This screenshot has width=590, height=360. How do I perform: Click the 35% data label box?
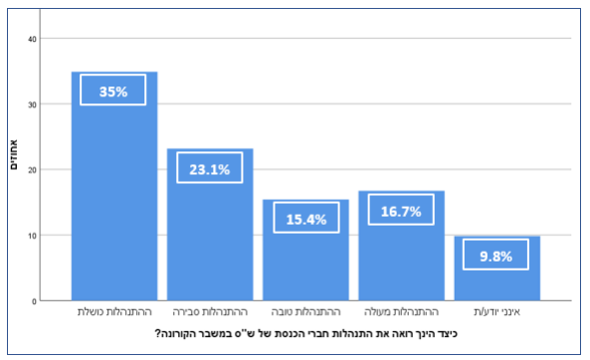[113, 90]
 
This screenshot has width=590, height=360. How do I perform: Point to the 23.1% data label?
[210, 168]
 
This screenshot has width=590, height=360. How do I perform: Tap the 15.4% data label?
[305, 219]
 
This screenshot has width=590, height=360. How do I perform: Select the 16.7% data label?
[401, 211]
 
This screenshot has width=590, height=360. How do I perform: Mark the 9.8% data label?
[495, 256]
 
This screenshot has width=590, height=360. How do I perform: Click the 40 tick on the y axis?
[32, 39]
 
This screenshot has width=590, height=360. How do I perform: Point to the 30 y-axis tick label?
[32, 104]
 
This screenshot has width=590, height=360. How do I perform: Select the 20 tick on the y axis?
[32, 170]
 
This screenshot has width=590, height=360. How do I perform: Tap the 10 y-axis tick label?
[32, 236]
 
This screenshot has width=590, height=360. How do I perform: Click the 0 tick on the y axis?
[35, 300]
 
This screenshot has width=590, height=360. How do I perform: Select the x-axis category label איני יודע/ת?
[496, 312]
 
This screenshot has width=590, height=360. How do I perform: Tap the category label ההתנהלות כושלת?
[114, 312]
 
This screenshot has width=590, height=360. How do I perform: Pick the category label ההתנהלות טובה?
[305, 312]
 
